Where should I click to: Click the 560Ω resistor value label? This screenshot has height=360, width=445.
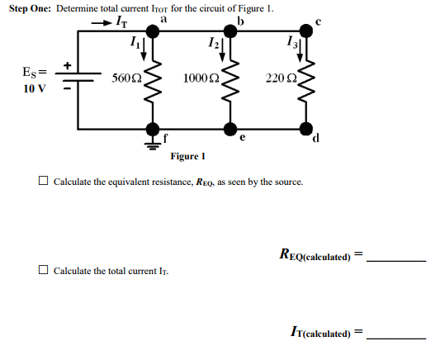[126, 78]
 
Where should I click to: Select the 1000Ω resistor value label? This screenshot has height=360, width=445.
[201, 78]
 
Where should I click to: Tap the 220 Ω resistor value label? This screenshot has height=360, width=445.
[277, 78]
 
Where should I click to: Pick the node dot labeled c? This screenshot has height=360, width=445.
[306, 31]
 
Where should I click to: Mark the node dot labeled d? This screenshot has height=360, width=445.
[306, 130]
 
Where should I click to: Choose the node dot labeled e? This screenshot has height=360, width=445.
[230, 130]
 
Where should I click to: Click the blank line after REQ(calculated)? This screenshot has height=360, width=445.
[396, 259]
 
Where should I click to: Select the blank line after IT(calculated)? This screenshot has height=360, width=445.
[396, 337]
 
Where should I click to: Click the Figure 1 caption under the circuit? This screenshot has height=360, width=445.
[188, 155]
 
